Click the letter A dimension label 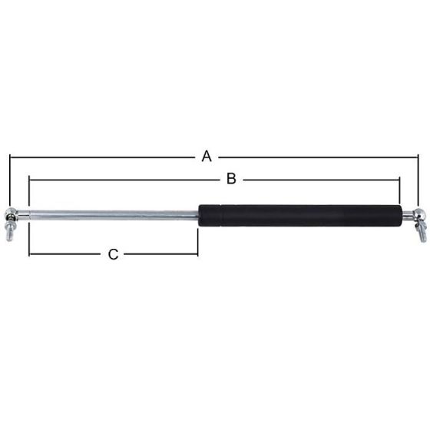pos(206,157)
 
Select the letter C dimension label pos(113,254)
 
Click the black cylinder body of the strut pos(299,216)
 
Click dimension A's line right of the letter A pos(315,157)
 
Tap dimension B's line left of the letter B pos(123,180)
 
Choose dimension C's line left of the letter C pos(65,254)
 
